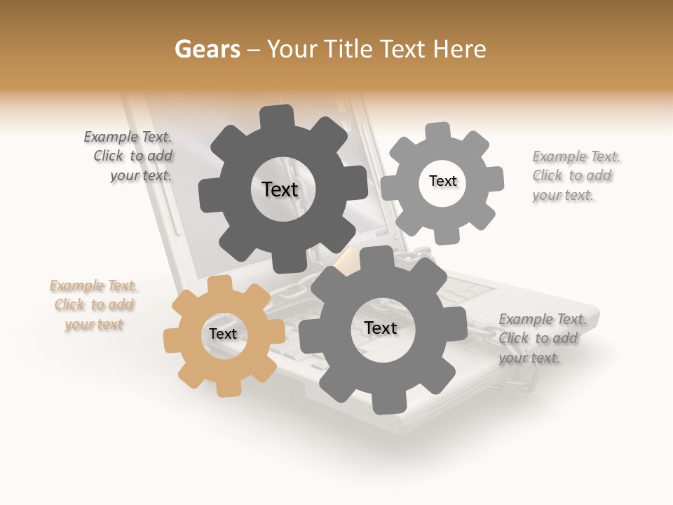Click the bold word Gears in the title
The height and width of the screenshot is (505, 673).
coord(207,49)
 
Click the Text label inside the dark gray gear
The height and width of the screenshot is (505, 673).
coord(280,189)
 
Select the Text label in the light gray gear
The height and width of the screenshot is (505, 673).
coord(442,181)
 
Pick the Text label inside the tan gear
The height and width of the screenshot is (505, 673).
coord(222,334)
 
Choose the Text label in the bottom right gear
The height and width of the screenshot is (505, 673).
coord(380,328)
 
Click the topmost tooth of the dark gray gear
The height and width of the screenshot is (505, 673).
coord(277,116)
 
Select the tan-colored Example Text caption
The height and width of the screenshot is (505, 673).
coord(94,305)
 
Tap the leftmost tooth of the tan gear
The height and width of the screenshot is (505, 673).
coord(173,341)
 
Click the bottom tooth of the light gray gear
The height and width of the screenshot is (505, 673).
coord(445,238)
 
